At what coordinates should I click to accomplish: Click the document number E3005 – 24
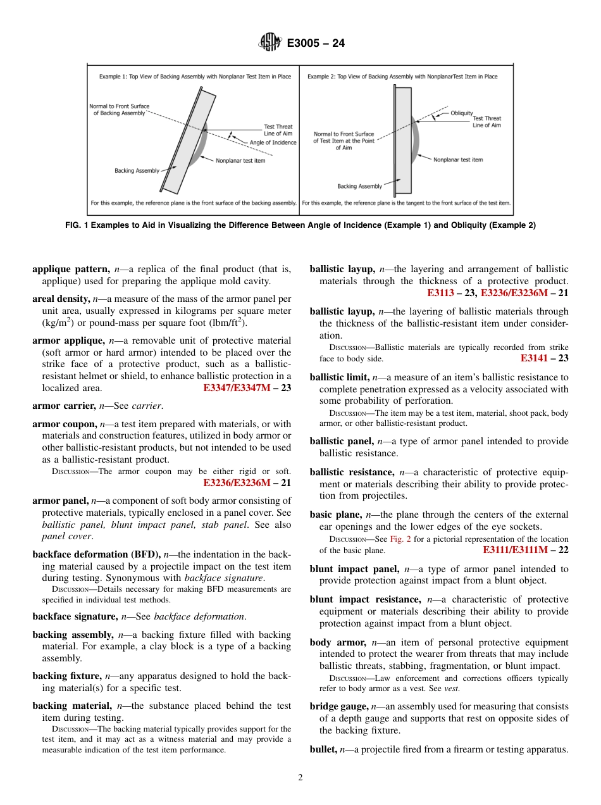pyautogui.click(x=316, y=44)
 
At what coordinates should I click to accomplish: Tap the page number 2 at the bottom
pyautogui.click(x=300, y=778)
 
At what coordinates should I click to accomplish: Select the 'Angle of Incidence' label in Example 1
pyautogui.click(x=272, y=142)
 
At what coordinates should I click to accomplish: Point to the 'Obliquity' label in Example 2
pyautogui.click(x=461, y=113)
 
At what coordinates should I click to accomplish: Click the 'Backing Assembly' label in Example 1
pyautogui.click(x=137, y=170)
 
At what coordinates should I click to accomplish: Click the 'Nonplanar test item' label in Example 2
pyautogui.click(x=457, y=159)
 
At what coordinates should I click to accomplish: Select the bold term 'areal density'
pyautogui.click(x=61, y=299)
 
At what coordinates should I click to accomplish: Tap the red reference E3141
pyautogui.click(x=535, y=358)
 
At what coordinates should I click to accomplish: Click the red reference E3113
pyautogui.click(x=442, y=293)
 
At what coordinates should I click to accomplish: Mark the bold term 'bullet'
pyautogui.click(x=323, y=749)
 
